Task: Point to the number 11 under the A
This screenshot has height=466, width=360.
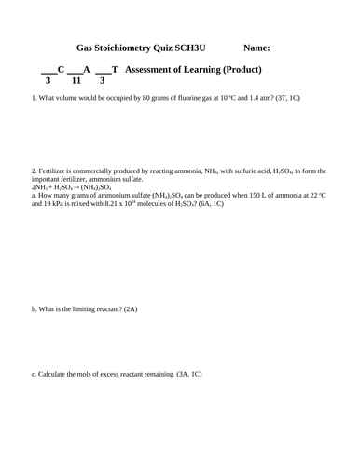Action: [78, 82]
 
